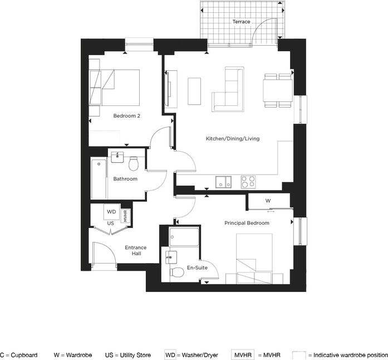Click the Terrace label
click(x=241, y=22)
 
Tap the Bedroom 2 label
click(x=127, y=116)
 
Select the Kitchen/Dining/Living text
click(x=233, y=139)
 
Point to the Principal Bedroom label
click(x=247, y=223)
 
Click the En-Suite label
click(x=197, y=267)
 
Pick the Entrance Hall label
click(x=136, y=250)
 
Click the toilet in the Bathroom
click(x=134, y=164)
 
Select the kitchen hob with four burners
click(x=248, y=182)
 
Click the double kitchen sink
click(x=223, y=182)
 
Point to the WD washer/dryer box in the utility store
click(x=111, y=212)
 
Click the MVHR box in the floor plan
click(x=125, y=216)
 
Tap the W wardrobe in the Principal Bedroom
click(x=269, y=201)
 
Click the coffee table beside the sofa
click(x=194, y=91)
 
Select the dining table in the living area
click(x=278, y=90)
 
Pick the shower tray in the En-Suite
click(x=184, y=237)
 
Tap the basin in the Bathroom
click(x=117, y=157)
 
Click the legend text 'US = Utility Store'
click(x=128, y=355)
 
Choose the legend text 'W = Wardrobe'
click(x=73, y=355)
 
